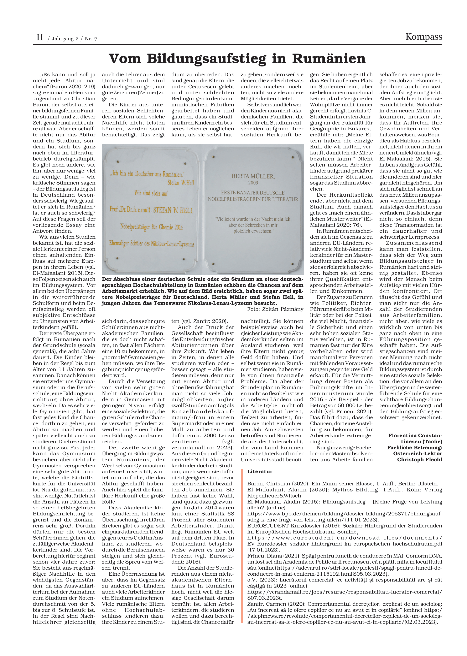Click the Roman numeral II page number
(x=40, y=37)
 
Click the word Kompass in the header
(x=424, y=37)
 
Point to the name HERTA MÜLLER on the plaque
(x=253, y=176)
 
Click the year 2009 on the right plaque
(x=253, y=183)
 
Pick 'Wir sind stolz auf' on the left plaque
(x=151, y=193)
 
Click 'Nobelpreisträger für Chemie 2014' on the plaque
(x=151, y=227)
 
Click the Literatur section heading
(x=260, y=471)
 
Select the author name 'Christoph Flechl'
(x=420, y=459)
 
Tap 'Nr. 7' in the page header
(x=91, y=39)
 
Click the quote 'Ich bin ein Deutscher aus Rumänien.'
(x=147, y=173)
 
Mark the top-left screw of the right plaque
(x=213, y=157)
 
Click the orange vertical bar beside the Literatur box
(x=242, y=547)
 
